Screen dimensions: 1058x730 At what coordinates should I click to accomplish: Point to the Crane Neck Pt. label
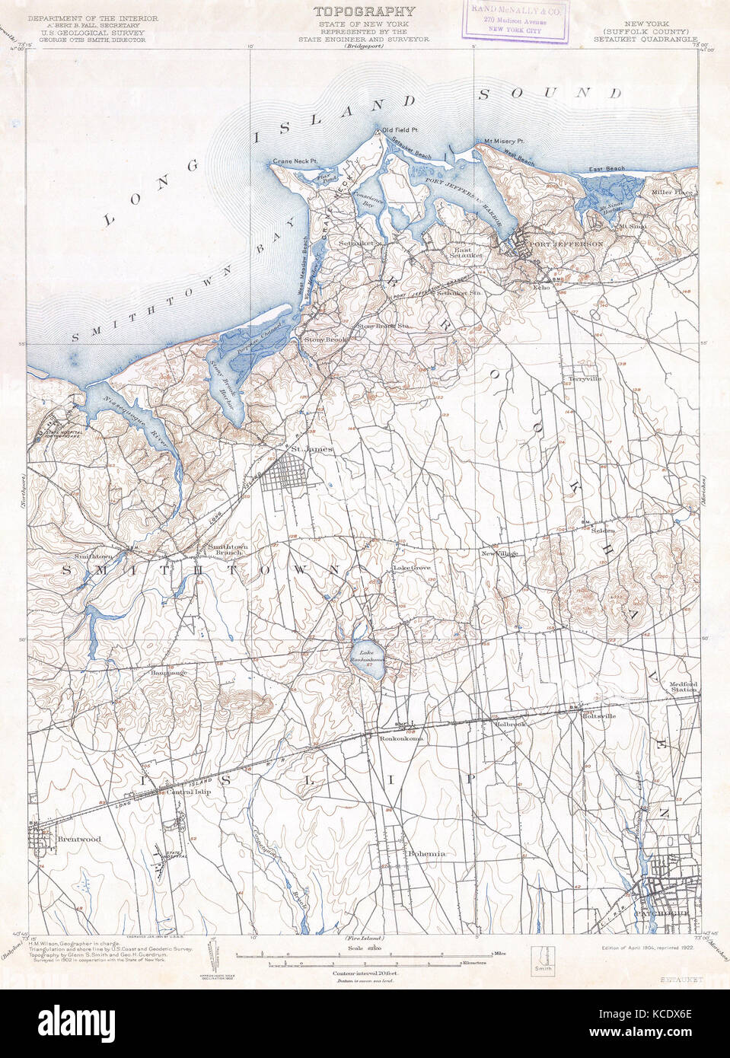(295, 161)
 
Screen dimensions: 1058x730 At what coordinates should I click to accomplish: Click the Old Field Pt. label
(400, 129)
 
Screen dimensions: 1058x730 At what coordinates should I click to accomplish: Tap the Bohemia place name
(426, 853)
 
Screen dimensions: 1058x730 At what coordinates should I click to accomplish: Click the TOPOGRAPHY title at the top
(365, 11)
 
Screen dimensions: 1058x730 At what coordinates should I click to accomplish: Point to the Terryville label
(585, 378)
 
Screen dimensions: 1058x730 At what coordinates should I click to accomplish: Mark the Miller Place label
(673, 193)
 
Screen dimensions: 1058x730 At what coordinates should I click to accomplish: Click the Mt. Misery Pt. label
(499, 142)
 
